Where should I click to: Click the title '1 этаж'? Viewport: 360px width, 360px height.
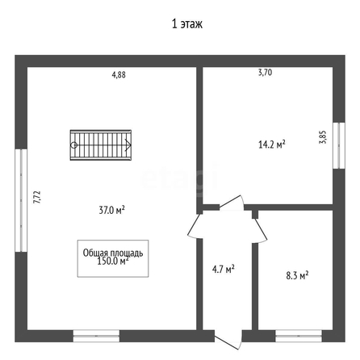coord(187,24)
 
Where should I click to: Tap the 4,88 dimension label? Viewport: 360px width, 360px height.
coord(119,75)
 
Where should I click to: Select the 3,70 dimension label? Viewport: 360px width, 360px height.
coord(265,73)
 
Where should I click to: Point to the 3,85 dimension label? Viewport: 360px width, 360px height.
coord(323,137)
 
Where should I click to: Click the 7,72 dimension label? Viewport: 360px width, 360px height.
coord(37,197)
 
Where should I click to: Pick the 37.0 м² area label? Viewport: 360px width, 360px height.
coord(111,210)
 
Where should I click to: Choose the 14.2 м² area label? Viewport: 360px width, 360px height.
coord(272,144)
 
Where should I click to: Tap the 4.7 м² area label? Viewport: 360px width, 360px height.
coord(224,269)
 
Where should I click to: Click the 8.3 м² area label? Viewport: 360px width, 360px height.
coord(297,275)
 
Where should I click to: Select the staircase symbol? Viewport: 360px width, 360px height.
coord(101,145)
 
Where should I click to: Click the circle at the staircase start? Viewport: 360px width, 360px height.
coord(73,145)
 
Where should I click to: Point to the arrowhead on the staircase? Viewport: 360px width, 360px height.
coord(128,145)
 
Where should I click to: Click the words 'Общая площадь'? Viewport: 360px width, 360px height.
coord(113,253)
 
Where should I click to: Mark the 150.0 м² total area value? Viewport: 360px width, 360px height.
coord(113,261)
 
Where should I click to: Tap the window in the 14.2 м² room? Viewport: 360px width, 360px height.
coord(339,145)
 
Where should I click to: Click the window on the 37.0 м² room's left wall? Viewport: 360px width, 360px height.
coord(21,200)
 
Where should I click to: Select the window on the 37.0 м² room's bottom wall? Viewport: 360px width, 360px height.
coord(96,336)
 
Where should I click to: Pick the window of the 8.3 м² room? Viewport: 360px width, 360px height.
coord(299,336)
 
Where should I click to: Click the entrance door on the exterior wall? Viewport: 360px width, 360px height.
coord(228,339)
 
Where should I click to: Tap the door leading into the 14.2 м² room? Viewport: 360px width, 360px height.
coord(232,203)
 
